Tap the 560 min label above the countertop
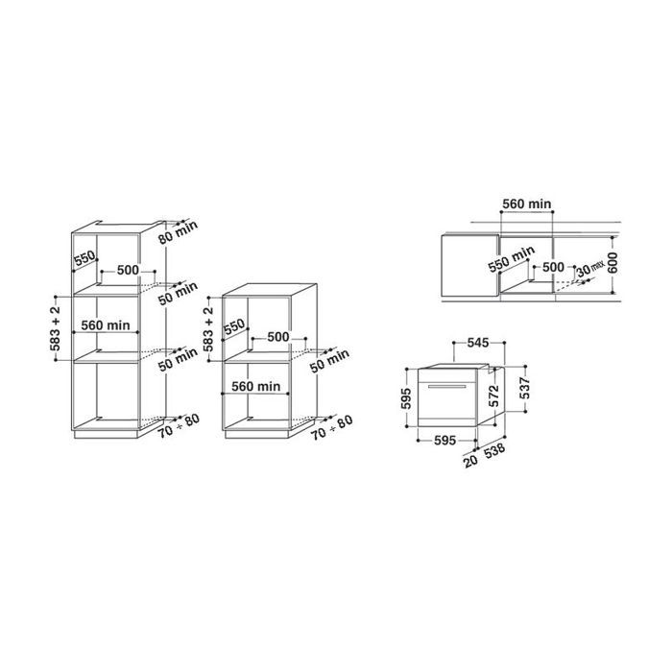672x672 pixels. tap(527, 204)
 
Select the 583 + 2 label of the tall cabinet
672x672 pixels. tap(59, 326)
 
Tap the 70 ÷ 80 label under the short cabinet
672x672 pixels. tap(332, 426)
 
